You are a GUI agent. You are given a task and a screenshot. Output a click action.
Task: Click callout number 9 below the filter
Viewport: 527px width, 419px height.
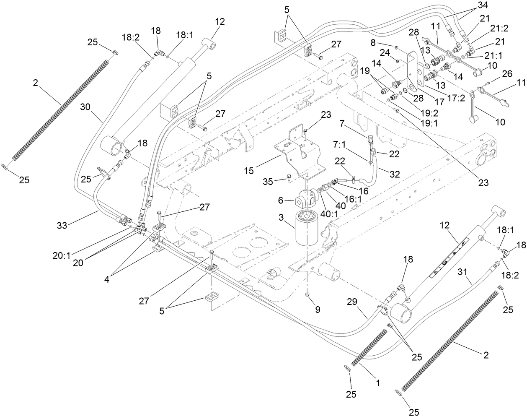pos(317,310)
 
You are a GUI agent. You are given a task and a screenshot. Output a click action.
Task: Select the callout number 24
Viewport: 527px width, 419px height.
pos(384,52)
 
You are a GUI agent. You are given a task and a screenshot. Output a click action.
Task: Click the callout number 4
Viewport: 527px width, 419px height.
pos(107,279)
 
